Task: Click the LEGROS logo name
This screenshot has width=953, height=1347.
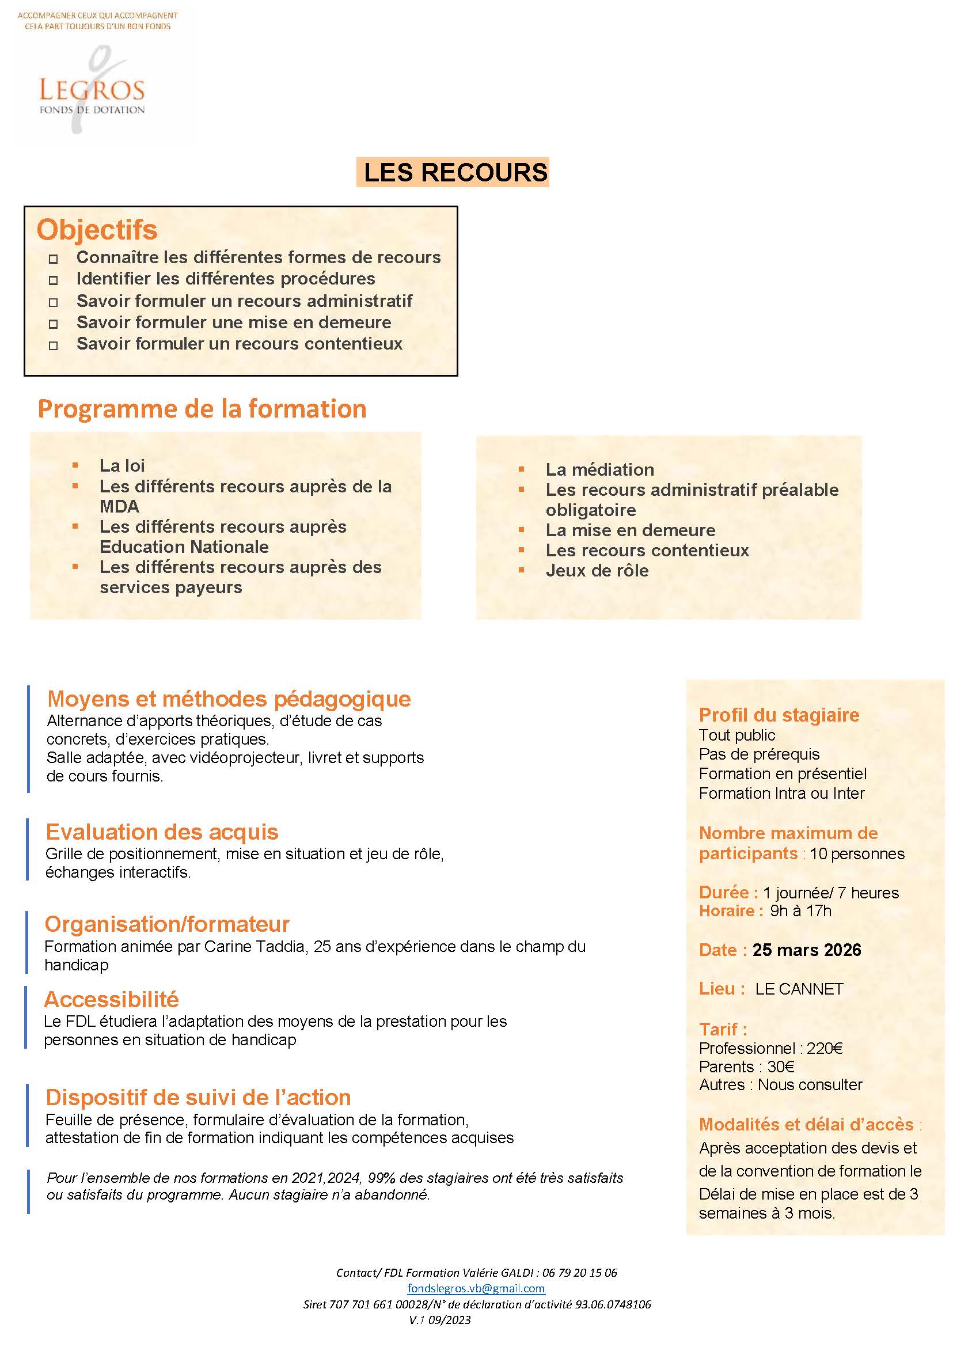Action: coord(92,90)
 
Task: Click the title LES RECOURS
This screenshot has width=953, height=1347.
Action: coord(455,173)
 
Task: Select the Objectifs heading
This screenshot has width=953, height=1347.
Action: coord(97,229)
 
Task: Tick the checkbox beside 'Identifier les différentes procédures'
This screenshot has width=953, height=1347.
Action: coord(54,280)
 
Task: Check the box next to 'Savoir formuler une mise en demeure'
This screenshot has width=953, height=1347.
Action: coord(54,324)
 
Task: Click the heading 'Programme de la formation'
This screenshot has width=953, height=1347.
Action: coord(202,409)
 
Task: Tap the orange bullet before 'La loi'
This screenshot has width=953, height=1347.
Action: coord(75,465)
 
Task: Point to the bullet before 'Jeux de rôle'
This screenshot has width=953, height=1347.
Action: coord(521,570)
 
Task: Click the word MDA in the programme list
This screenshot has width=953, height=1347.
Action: coord(120,506)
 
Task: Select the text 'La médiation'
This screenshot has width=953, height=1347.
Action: coord(600,469)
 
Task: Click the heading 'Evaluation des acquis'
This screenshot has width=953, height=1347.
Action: coord(162,832)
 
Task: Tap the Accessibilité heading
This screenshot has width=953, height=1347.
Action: coord(112,1000)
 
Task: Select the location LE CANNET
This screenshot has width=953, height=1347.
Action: coord(799,989)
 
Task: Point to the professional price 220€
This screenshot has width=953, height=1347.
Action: coord(825,1048)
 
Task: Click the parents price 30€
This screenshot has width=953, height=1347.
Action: coord(781,1067)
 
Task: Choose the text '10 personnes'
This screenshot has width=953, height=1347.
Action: coord(857,853)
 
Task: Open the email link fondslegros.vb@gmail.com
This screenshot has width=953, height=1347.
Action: coord(476,1288)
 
